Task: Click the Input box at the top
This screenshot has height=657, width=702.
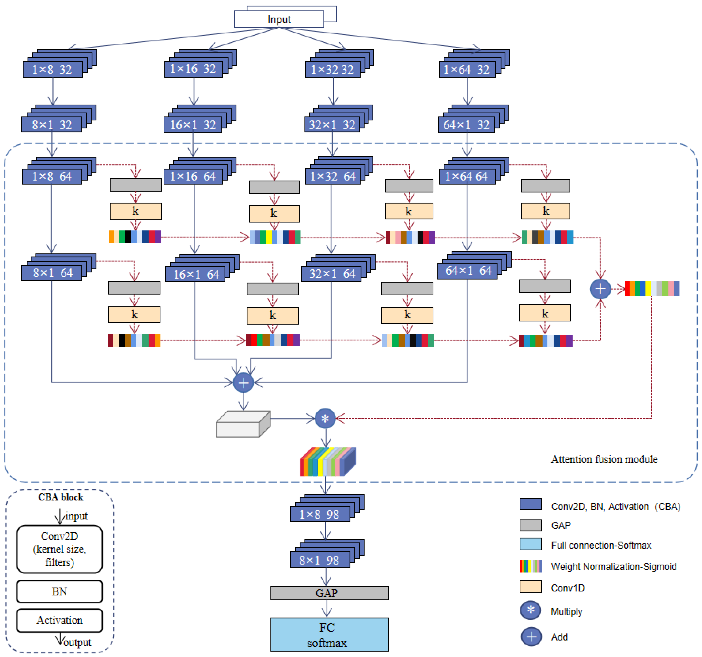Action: pyautogui.click(x=279, y=19)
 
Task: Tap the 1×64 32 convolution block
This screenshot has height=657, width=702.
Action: pyautogui.click(x=474, y=64)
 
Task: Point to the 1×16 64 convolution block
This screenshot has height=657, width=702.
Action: pyautogui.click(x=200, y=171)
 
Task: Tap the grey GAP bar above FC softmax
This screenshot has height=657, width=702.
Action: pyautogui.click(x=329, y=593)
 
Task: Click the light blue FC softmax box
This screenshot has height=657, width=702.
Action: pyautogui.click(x=329, y=635)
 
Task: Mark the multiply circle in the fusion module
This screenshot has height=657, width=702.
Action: pyautogui.click(x=325, y=419)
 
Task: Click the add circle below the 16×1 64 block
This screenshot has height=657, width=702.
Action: pyautogui.click(x=243, y=383)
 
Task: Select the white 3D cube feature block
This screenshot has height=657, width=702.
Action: pyautogui.click(x=243, y=424)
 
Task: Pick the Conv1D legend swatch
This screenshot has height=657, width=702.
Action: pyautogui.click(x=530, y=587)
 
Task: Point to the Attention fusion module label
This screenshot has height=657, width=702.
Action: pyautogui.click(x=604, y=460)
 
